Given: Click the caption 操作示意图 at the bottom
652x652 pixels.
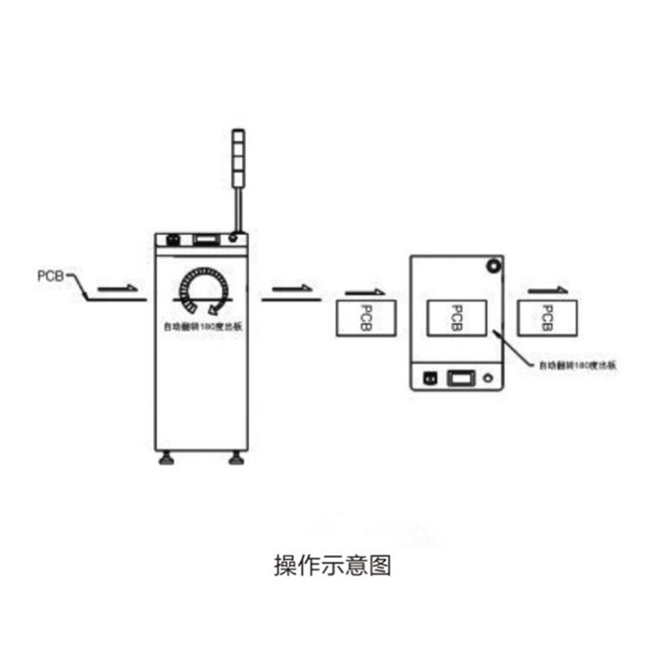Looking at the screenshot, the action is [332, 566].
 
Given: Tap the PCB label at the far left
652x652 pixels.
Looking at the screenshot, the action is [50, 276].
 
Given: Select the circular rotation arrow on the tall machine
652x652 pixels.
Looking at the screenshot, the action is [203, 290].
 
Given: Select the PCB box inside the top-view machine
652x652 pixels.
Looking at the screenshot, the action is [456, 317].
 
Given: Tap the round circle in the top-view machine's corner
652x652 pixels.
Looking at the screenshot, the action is [494, 264].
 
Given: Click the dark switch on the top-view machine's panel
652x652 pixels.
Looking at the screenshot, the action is [429, 378].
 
